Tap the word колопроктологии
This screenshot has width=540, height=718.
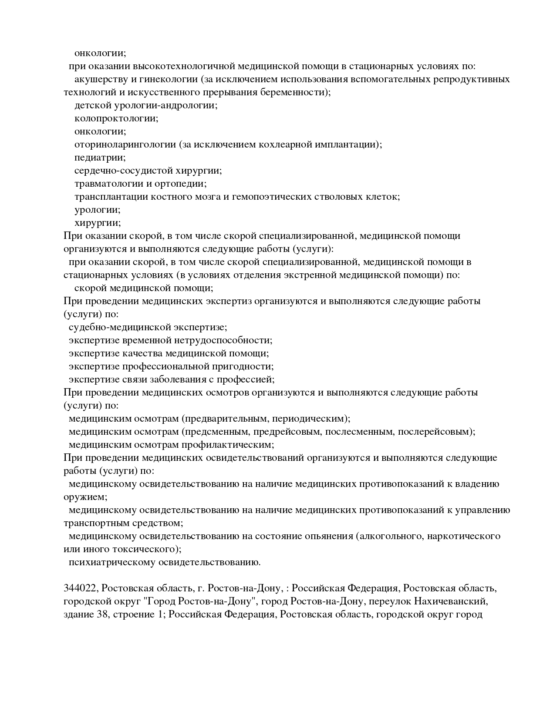[x=116, y=119]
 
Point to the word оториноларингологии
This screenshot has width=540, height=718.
[x=125, y=145]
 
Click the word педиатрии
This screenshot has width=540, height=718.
[x=100, y=158]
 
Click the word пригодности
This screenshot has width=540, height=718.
[x=247, y=366]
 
